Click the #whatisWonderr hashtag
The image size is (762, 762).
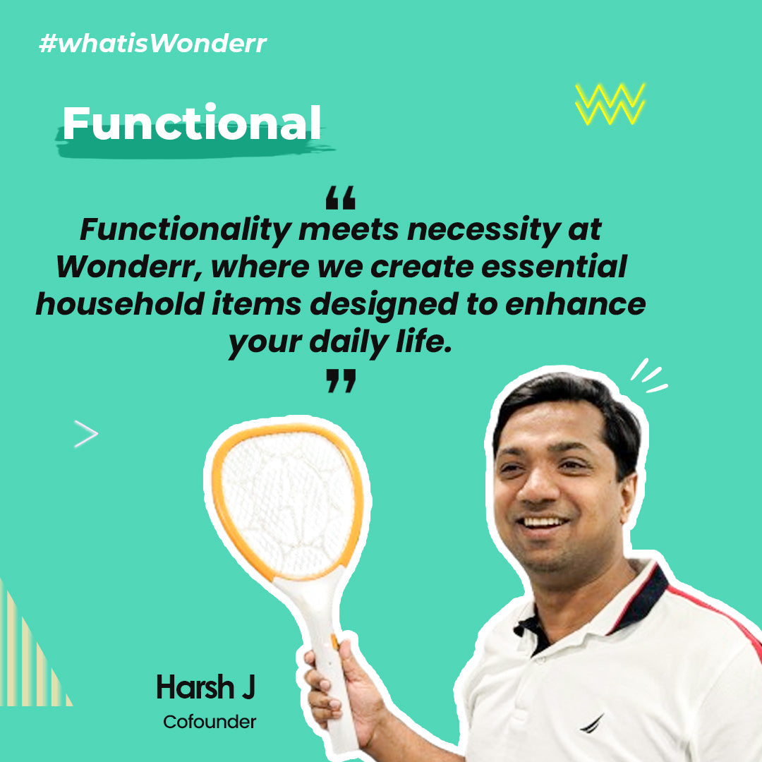(152, 43)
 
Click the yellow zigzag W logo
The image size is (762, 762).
(610, 104)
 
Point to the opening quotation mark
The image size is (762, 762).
(340, 198)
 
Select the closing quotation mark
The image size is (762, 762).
(341, 380)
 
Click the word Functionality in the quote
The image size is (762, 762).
(186, 230)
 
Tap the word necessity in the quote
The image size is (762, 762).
(483, 230)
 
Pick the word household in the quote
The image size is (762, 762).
(119, 303)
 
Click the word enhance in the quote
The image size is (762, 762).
(576, 303)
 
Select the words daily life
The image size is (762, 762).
(380, 341)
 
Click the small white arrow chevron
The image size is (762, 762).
(86, 433)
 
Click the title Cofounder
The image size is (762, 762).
(210, 722)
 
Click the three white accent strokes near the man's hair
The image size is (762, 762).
(649, 375)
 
